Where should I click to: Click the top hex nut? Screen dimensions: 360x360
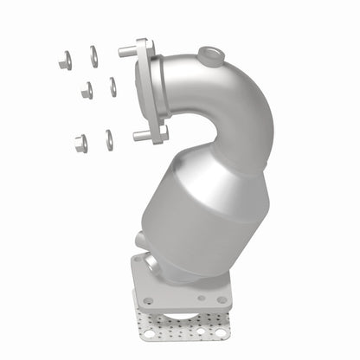[x=65, y=61]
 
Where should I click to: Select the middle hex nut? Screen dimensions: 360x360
[x=87, y=90]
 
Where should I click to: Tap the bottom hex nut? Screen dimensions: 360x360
[x=80, y=143]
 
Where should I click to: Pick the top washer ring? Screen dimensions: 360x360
[x=93, y=56]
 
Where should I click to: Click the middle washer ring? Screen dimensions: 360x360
[x=112, y=87]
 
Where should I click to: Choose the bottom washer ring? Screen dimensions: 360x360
[x=109, y=139]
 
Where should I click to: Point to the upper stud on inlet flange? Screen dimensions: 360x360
[x=126, y=53]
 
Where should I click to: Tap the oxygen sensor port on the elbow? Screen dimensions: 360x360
[x=209, y=58]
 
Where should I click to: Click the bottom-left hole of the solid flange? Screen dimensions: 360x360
[x=150, y=300]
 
